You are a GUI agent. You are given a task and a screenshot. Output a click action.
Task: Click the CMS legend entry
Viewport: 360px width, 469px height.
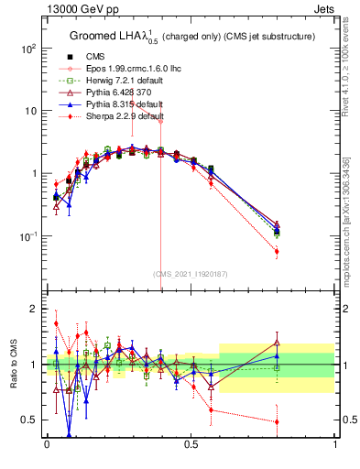(94, 57)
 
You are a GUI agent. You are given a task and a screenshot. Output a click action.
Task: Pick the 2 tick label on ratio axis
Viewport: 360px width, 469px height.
(34, 309)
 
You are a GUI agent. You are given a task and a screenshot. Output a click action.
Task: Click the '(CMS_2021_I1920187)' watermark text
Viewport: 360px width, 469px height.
(190, 274)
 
